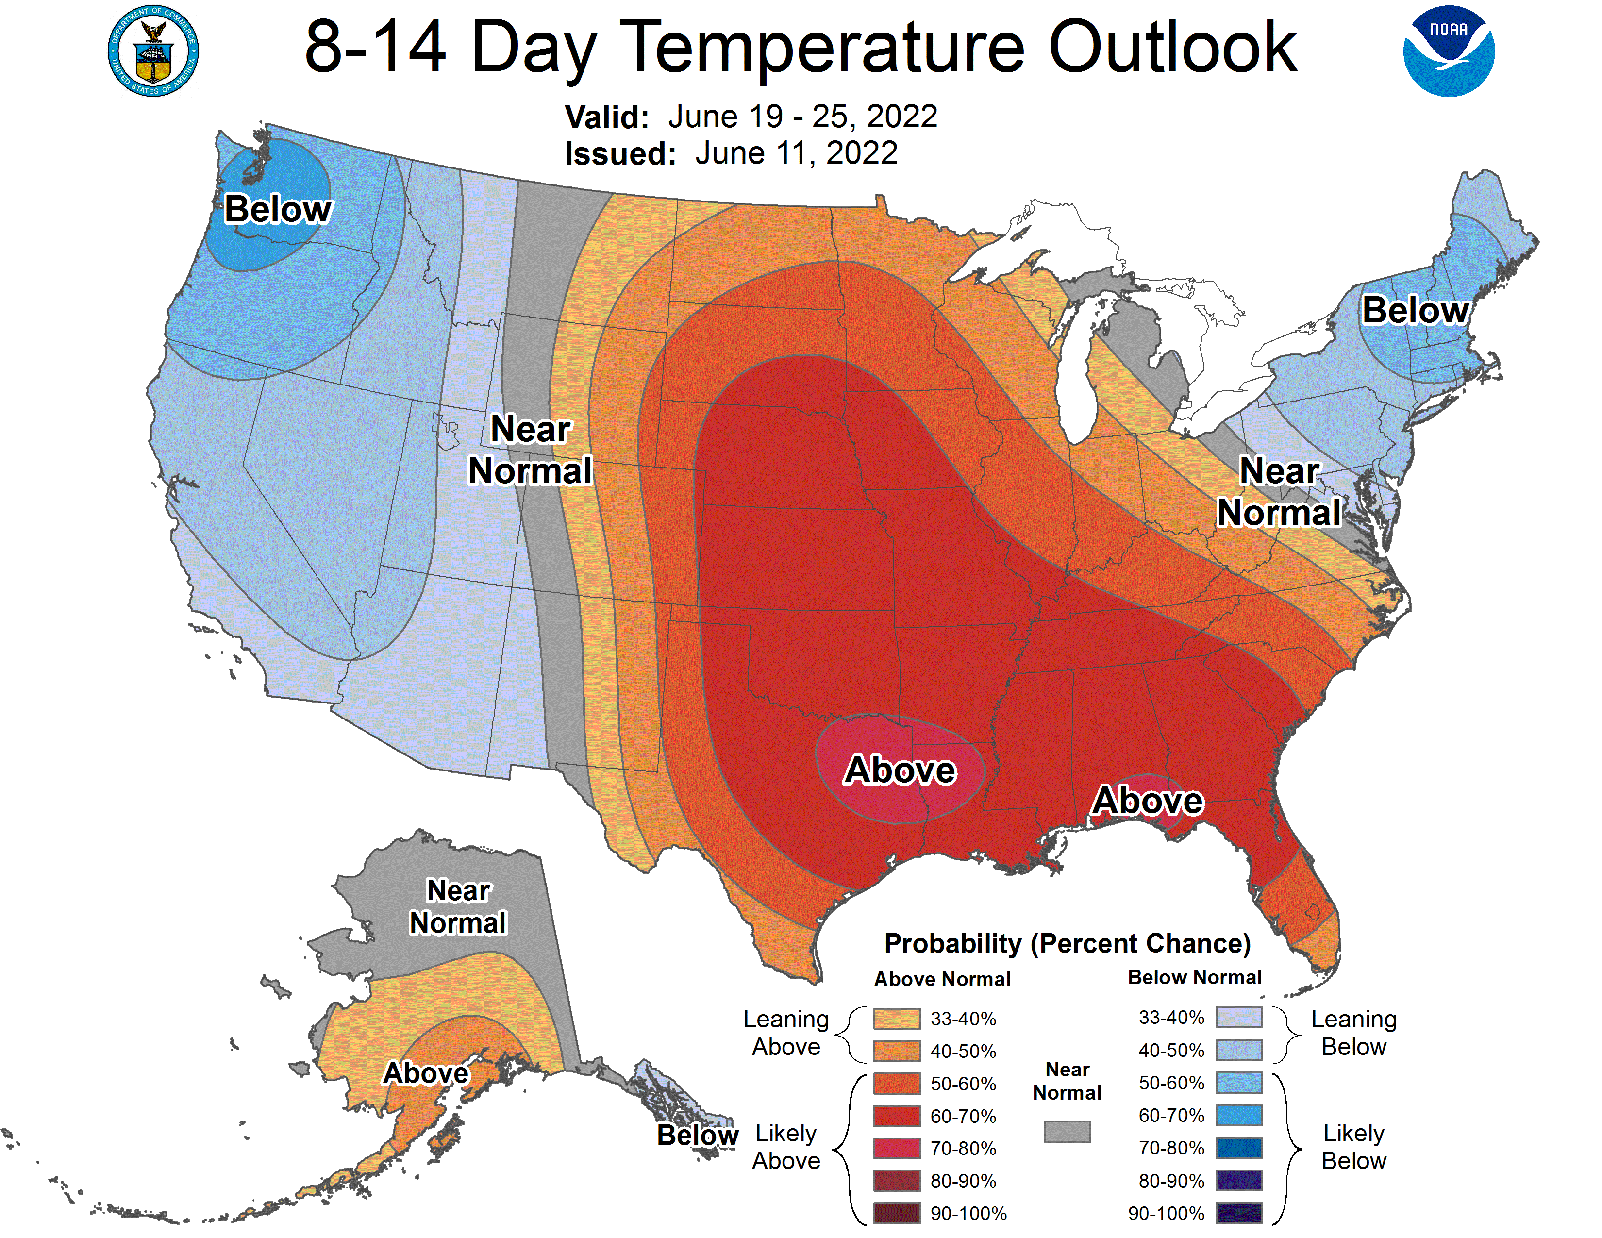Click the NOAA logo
tap(1448, 51)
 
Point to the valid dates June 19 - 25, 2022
tap(802, 117)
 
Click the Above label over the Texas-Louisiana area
tap(900, 770)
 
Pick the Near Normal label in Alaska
tap(458, 906)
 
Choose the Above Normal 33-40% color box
tap(896, 1018)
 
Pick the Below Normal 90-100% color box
tap(1239, 1213)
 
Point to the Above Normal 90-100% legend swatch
tap(896, 1213)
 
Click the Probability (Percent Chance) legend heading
tap(1067, 943)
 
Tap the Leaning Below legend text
tap(1353, 1033)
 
